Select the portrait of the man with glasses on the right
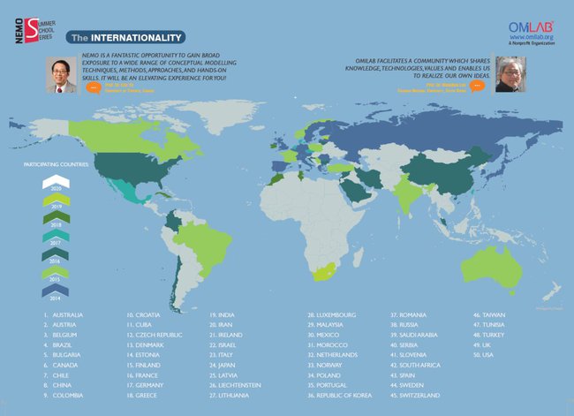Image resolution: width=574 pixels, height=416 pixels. click(x=510, y=74)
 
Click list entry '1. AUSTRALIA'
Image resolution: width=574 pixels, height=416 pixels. click(x=62, y=315)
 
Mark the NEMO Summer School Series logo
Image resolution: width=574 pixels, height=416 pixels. click(x=34, y=19)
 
